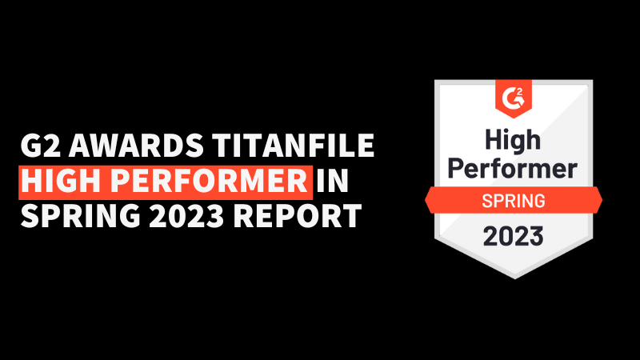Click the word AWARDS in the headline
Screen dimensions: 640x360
click(136, 146)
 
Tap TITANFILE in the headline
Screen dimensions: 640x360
click(293, 146)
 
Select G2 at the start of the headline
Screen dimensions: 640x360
click(41, 146)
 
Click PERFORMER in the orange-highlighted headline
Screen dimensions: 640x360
click(209, 181)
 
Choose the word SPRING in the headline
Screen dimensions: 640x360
click(81, 215)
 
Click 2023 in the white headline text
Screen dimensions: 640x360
click(186, 215)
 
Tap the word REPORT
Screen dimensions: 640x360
click(297, 215)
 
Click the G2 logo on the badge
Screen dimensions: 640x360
click(514, 98)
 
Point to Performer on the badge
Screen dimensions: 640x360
click(513, 168)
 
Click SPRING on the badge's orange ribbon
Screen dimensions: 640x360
click(514, 201)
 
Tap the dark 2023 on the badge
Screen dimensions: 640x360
click(514, 236)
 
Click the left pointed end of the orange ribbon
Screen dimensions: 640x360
click(426, 201)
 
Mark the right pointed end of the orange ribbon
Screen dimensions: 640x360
click(602, 200)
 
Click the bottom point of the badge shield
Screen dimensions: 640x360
click(514, 278)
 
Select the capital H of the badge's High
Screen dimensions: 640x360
click(493, 140)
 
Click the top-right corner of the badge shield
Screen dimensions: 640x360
click(593, 81)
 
